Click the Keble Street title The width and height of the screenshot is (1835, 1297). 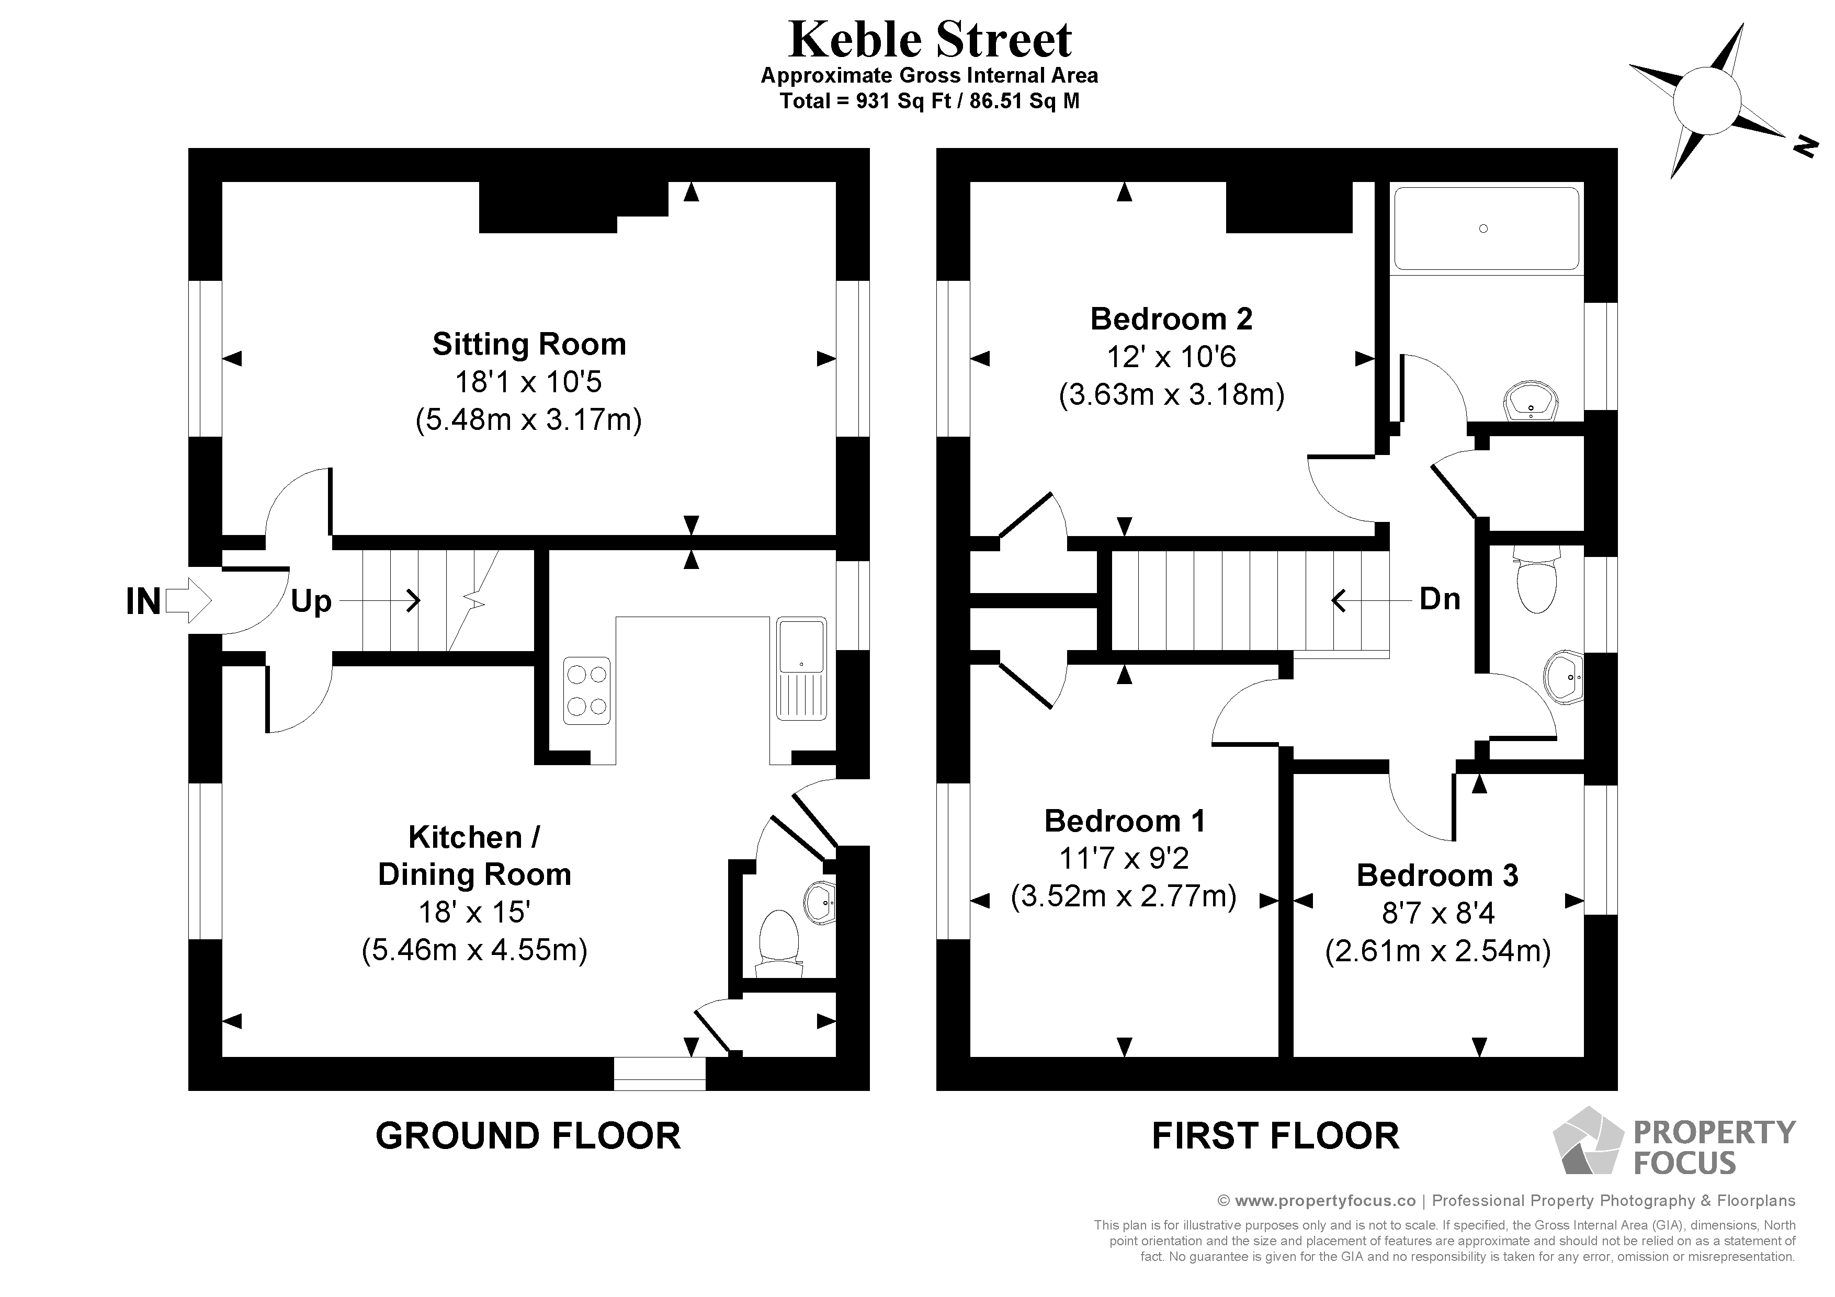click(930, 40)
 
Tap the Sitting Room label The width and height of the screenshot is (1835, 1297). click(529, 345)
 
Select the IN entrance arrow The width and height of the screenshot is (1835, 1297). click(188, 600)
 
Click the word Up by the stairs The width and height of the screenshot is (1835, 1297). click(311, 601)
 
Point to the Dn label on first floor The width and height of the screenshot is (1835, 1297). click(1440, 598)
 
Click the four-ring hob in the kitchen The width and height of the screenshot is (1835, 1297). click(586, 690)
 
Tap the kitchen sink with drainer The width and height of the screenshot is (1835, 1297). click(801, 667)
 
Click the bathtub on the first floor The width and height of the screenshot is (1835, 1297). click(1486, 229)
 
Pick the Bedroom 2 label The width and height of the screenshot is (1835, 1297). click(1171, 319)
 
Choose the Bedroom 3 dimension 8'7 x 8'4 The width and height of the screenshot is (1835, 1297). click(1438, 913)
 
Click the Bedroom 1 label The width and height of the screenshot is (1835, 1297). click(1124, 821)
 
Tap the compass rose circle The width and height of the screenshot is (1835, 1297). click(1706, 101)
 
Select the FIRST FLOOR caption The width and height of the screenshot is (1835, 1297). click(1275, 1135)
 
